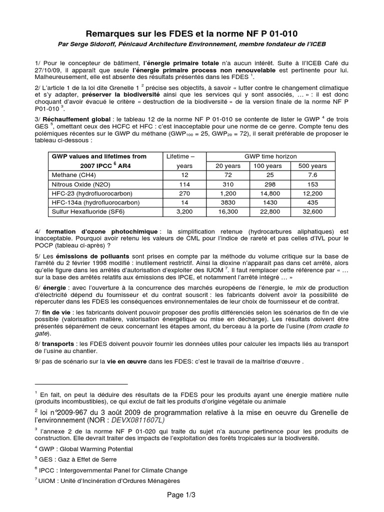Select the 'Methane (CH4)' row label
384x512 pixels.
(x=73, y=175)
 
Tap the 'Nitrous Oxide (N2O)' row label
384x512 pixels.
(x=79, y=184)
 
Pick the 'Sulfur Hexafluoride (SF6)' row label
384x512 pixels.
(x=87, y=211)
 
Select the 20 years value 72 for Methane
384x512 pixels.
(x=227, y=175)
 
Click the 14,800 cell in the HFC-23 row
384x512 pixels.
(x=269, y=193)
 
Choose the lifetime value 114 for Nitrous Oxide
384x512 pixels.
(x=184, y=184)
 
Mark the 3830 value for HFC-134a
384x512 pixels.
(x=227, y=202)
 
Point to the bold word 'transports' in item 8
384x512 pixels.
(x=58, y=344)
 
